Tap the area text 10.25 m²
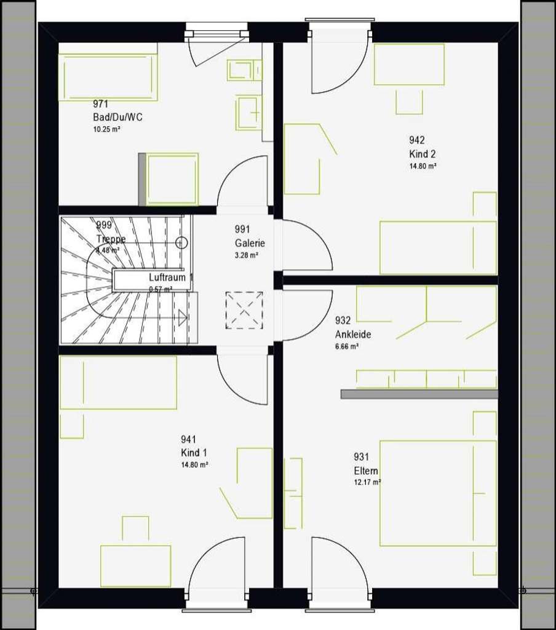106,129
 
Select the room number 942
417,140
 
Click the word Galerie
250,242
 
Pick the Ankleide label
353,334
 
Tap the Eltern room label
366,471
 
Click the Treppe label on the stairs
111,239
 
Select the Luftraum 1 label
171,277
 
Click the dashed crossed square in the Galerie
244,310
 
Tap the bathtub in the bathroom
108,77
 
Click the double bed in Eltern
438,493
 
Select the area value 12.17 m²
367,482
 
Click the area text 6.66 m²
347,346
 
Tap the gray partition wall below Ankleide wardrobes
419,394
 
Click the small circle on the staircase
181,242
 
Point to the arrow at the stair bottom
182,317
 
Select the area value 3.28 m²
246,255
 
